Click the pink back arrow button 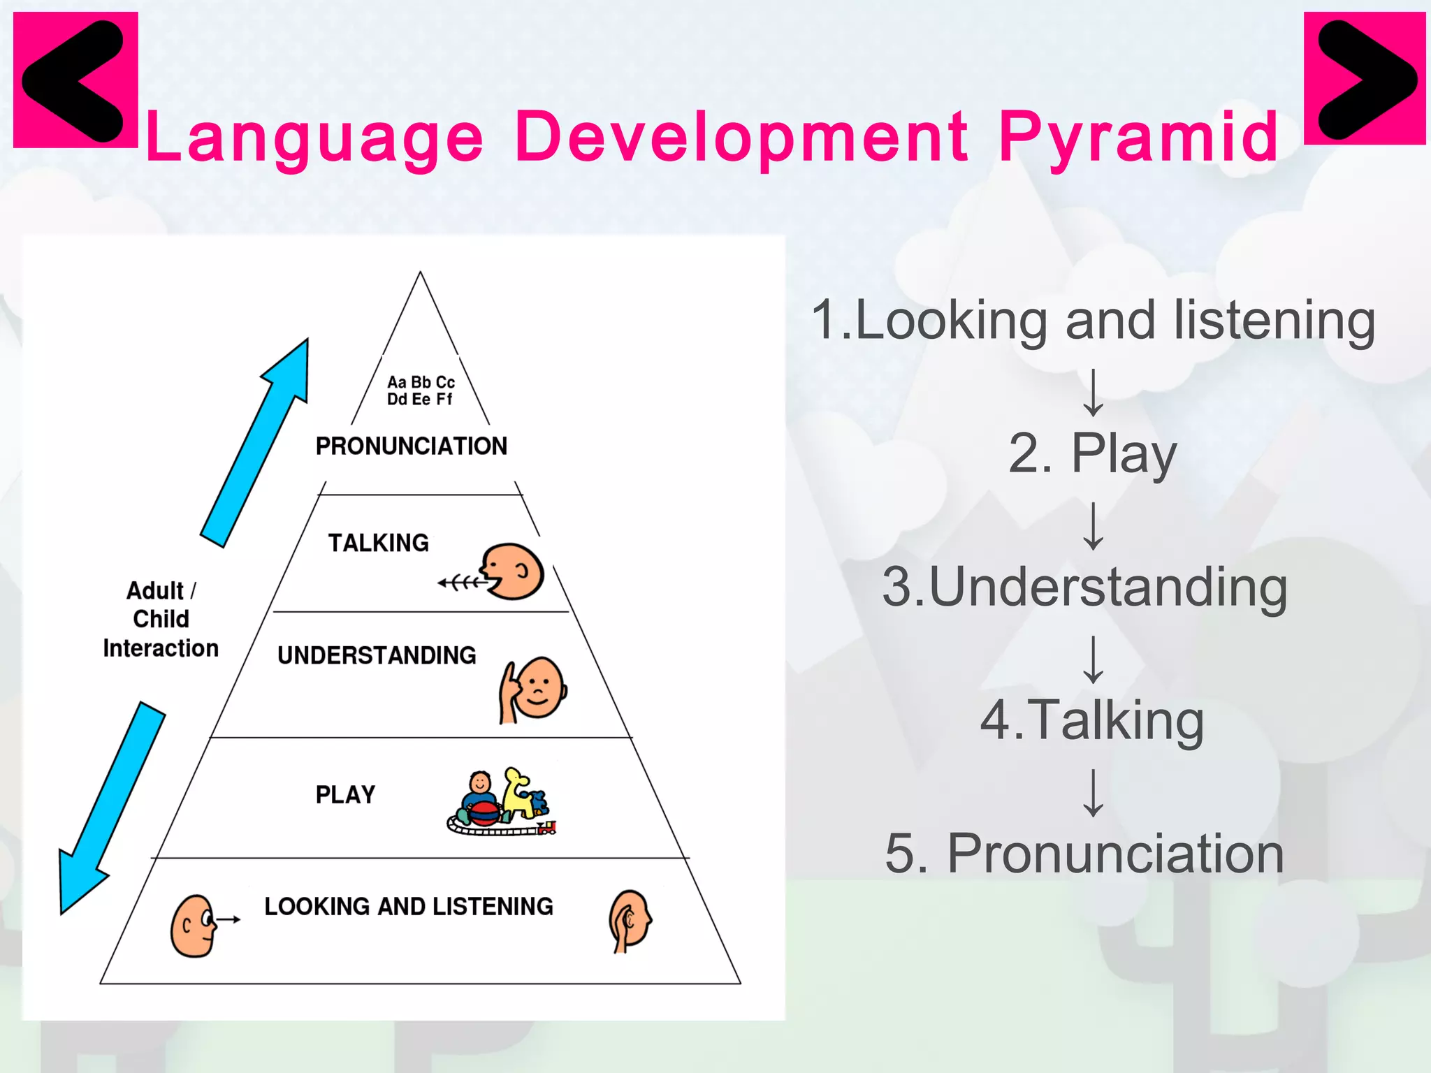pyautogui.click(x=75, y=80)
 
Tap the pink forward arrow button pyautogui.click(x=1365, y=78)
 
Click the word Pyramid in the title pyautogui.click(x=1138, y=138)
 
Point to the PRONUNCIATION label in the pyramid pyautogui.click(x=411, y=446)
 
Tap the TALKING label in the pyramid pyautogui.click(x=379, y=543)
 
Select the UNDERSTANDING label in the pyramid pyautogui.click(x=377, y=655)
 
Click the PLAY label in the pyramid pyautogui.click(x=345, y=794)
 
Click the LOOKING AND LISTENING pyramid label pyautogui.click(x=409, y=906)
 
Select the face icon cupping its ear pyautogui.click(x=630, y=920)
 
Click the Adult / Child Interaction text pyautogui.click(x=160, y=619)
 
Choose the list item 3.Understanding pyautogui.click(x=1084, y=587)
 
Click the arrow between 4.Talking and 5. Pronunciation pyautogui.click(x=1093, y=793)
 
